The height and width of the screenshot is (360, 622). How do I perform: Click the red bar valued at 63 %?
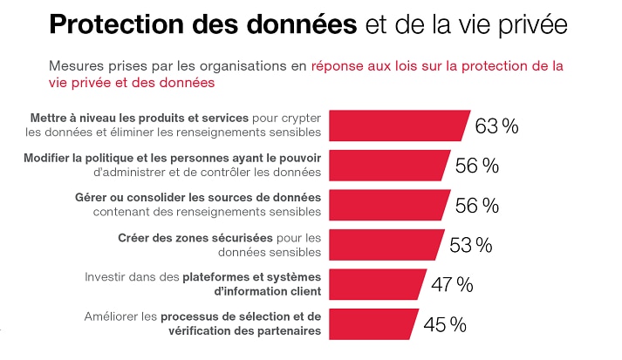(x=396, y=125)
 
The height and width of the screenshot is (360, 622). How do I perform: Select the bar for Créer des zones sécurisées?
(x=384, y=244)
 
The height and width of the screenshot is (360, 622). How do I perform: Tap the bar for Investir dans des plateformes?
(x=376, y=284)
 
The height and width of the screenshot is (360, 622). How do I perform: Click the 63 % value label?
(x=496, y=126)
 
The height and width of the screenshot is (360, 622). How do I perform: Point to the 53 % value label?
(x=471, y=245)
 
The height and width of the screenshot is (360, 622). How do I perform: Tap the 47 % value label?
(x=452, y=284)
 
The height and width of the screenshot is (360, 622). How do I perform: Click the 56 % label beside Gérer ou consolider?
(x=477, y=205)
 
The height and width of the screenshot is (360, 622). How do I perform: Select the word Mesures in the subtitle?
(x=78, y=65)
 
